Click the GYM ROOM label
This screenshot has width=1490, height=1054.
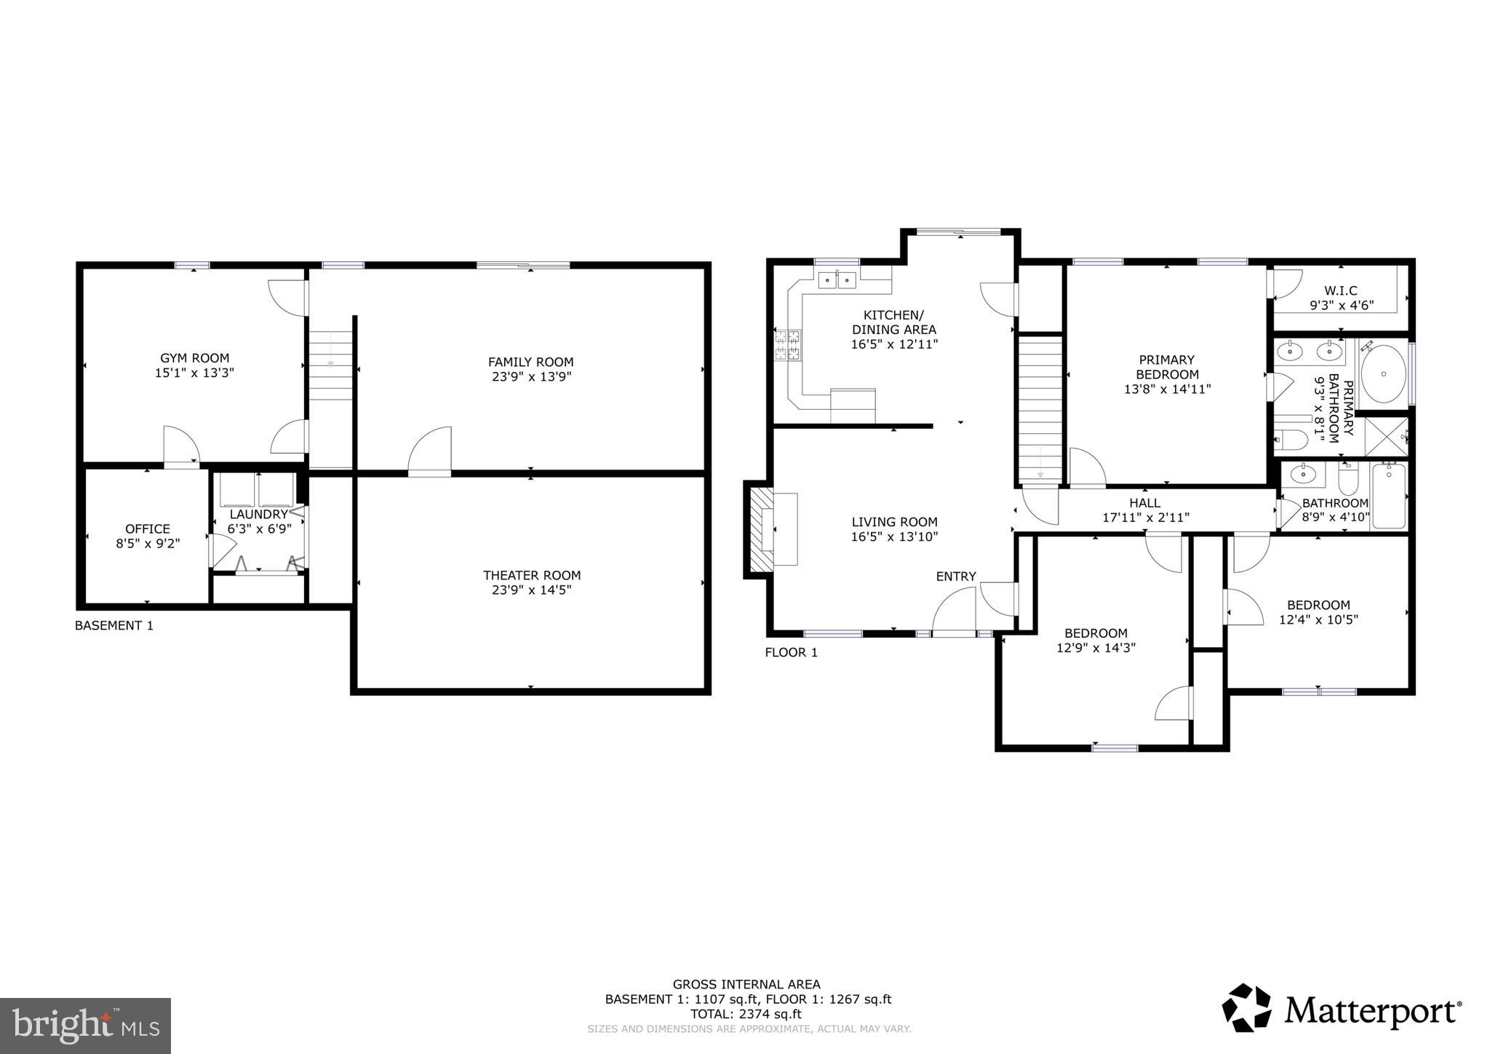tap(194, 358)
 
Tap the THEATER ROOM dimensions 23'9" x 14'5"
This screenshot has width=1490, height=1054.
tap(531, 590)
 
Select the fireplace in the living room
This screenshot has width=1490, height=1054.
tap(762, 529)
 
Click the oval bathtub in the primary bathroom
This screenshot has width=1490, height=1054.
tap(1383, 374)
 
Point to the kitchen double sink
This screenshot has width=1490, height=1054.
tap(837, 280)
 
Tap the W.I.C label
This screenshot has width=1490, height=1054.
tap(1340, 291)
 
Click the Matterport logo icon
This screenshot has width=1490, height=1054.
tap(1246, 1008)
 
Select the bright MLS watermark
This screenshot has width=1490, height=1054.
tap(85, 1026)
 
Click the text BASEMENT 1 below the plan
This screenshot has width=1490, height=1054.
tap(114, 625)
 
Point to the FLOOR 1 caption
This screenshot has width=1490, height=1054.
tap(791, 652)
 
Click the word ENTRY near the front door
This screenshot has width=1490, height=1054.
tap(955, 576)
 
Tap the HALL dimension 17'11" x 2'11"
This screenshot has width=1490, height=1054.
tap(1145, 518)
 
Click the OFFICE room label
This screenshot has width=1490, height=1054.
tap(148, 529)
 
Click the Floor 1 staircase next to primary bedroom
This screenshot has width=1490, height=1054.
tap(1040, 408)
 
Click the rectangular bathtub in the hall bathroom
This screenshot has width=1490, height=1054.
tap(1389, 496)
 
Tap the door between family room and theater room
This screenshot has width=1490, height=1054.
tap(430, 453)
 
